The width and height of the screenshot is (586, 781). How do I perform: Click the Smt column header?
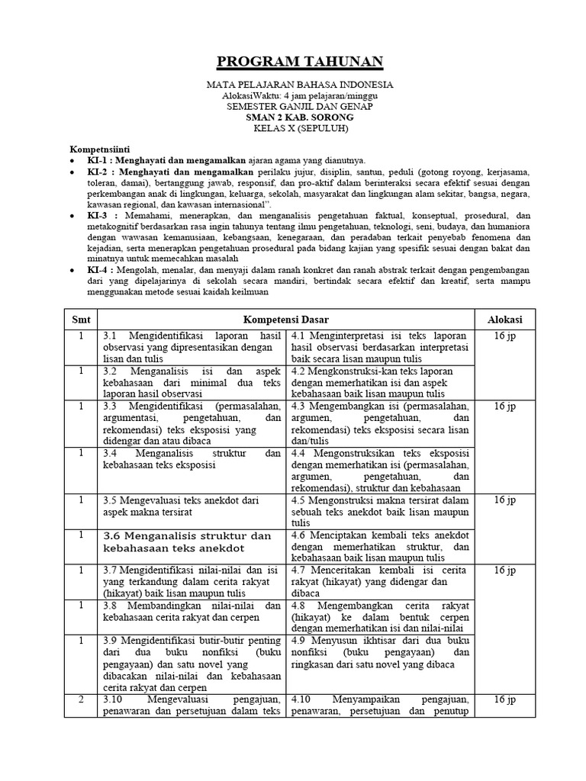tap(81, 318)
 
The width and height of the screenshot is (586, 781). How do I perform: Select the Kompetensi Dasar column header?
tap(286, 318)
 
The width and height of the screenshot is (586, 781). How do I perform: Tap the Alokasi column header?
tap(505, 318)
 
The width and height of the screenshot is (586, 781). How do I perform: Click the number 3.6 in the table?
tap(112, 536)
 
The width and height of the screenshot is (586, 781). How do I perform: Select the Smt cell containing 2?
tap(81, 699)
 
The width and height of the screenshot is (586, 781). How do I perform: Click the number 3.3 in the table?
tap(111, 407)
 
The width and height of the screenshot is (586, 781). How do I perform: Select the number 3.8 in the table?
tap(111, 605)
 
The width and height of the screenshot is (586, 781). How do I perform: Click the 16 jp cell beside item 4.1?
tap(505, 336)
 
